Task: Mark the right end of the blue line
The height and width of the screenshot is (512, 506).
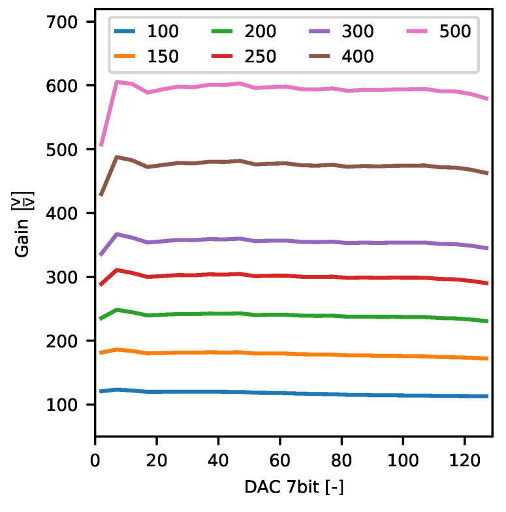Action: click(487, 396)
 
